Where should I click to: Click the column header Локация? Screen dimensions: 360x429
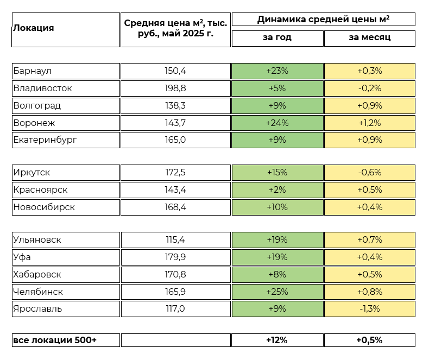click(x=34, y=28)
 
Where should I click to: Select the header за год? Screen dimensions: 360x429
click(x=277, y=38)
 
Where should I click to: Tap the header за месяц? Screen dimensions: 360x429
click(x=369, y=38)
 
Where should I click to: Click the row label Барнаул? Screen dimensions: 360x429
click(x=33, y=71)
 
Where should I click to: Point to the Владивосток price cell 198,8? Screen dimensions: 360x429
click(x=175, y=88)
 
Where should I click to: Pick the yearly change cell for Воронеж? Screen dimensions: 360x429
click(x=277, y=123)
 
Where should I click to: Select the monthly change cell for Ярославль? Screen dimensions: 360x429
click(x=369, y=309)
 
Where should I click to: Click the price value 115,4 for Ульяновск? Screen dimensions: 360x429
click(x=175, y=239)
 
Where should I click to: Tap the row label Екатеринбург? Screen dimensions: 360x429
click(x=45, y=140)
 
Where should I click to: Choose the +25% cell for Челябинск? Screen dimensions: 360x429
click(x=277, y=292)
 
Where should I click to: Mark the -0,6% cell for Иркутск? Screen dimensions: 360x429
click(x=369, y=173)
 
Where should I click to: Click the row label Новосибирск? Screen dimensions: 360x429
click(x=44, y=207)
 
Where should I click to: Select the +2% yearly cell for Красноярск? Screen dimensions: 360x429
click(x=277, y=190)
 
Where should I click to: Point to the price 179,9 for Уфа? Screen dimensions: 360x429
click(x=175, y=257)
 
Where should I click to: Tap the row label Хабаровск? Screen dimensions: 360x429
click(x=37, y=274)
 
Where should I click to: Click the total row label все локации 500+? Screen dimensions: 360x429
click(x=54, y=340)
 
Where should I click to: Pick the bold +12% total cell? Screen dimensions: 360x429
click(x=277, y=340)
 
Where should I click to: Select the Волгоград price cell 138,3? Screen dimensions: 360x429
click(x=175, y=105)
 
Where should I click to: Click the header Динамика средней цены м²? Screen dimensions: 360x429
click(x=323, y=20)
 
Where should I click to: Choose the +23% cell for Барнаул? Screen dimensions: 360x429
click(x=277, y=71)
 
